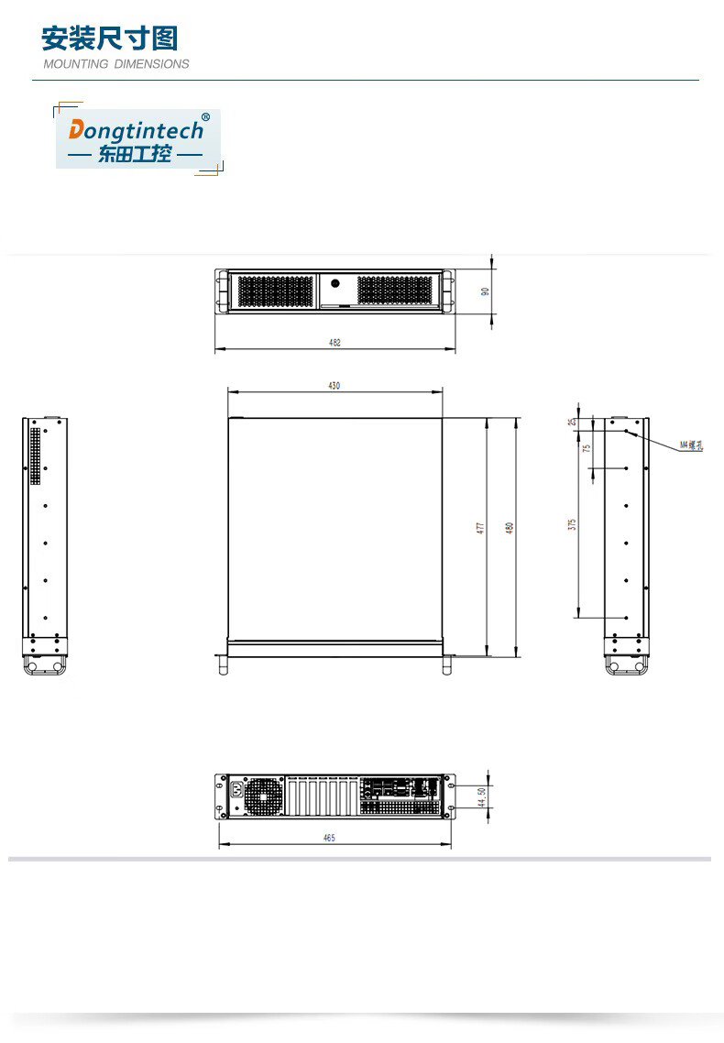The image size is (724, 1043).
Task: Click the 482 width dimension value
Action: pyautogui.click(x=335, y=342)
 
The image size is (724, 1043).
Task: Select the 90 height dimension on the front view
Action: pyautogui.click(x=486, y=291)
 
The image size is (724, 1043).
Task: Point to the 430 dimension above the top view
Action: pyautogui.click(x=335, y=386)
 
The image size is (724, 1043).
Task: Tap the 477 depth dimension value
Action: pyautogui.click(x=479, y=529)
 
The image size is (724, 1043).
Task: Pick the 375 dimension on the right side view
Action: pyautogui.click(x=572, y=524)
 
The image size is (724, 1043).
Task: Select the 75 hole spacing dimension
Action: pyautogui.click(x=586, y=448)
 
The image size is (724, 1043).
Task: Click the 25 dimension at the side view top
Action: pyautogui.click(x=572, y=422)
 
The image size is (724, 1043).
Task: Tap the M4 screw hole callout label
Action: pyautogui.click(x=691, y=446)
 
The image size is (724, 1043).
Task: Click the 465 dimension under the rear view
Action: pyautogui.click(x=329, y=838)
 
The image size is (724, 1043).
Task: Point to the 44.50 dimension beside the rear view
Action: pyautogui.click(x=481, y=797)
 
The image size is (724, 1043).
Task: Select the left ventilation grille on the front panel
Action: pyautogui.click(x=276, y=291)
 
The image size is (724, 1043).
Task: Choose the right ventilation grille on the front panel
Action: pyautogui.click(x=394, y=291)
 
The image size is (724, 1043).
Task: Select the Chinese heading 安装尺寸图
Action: pyautogui.click(x=110, y=38)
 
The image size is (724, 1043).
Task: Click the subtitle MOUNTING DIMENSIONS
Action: pyautogui.click(x=116, y=64)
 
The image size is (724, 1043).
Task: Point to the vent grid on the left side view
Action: pyautogui.click(x=36, y=456)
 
